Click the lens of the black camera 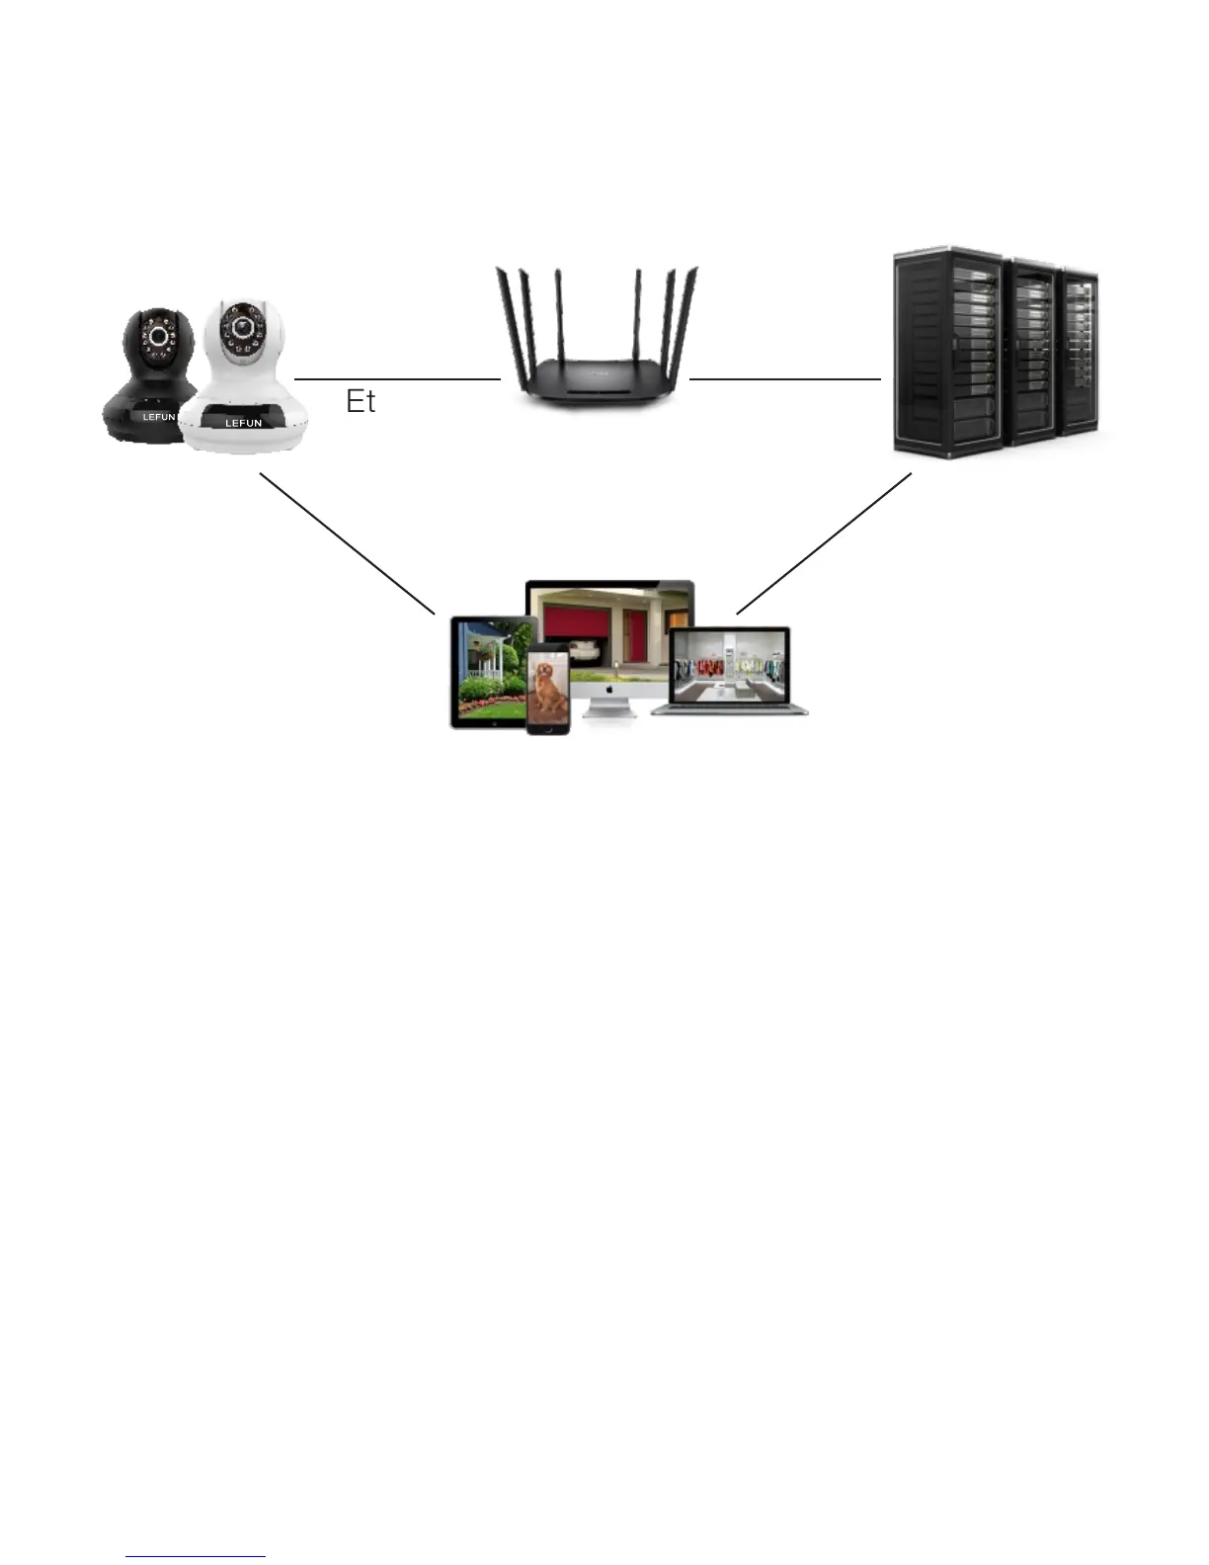coord(158,337)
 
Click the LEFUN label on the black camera coord(158,417)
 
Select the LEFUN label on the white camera coord(243,423)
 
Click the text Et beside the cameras coord(361,401)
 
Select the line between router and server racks coord(784,378)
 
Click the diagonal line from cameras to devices coord(347,543)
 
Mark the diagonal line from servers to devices coord(824,543)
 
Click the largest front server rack coord(945,351)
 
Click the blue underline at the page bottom coord(196,1557)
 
